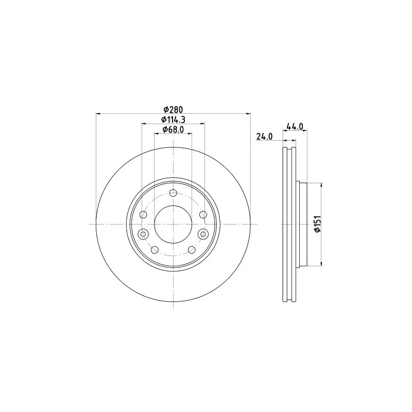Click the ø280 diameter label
pyautogui.click(x=173, y=109)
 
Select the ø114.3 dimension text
pyautogui.click(x=173, y=119)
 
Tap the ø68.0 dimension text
pyautogui.click(x=173, y=130)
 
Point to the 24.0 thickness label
pyautogui.click(x=265, y=136)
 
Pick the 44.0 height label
pyautogui.click(x=295, y=127)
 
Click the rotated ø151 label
pyautogui.click(x=318, y=224)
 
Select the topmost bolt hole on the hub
pyautogui.click(x=173, y=193)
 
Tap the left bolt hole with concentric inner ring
pyautogui.click(x=143, y=234)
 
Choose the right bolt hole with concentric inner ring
pyautogui.click(x=203, y=234)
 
